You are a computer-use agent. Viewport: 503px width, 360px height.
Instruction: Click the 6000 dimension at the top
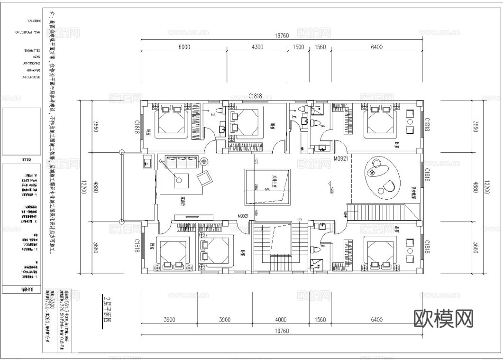click(x=184, y=47)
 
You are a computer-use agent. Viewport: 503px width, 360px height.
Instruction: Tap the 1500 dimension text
click(x=299, y=47)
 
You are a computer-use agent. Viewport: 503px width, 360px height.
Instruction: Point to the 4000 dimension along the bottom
click(x=281, y=319)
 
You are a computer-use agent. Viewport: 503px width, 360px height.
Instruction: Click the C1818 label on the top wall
click(x=256, y=96)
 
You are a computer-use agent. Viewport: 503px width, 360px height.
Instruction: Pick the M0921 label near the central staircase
click(x=244, y=216)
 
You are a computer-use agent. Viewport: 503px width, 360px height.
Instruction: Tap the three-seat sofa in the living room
click(x=181, y=161)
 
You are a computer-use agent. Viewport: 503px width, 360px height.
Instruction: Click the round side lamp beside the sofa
click(x=204, y=161)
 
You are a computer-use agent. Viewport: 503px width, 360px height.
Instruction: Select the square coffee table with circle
click(x=180, y=180)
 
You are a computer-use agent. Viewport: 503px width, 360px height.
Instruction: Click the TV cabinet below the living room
click(x=188, y=217)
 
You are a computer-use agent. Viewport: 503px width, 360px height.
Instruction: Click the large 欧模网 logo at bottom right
click(x=444, y=319)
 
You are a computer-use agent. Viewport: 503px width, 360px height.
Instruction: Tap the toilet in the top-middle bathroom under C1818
click(x=219, y=111)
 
